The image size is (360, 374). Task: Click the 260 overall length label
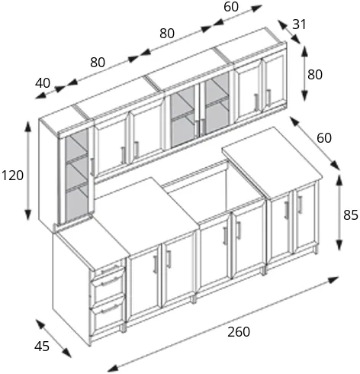click(239, 332)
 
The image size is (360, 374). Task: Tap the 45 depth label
click(42, 347)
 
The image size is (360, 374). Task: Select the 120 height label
click(12, 176)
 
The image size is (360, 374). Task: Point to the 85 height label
click(351, 215)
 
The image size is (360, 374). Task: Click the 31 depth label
click(299, 24)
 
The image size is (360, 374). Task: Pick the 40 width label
click(43, 83)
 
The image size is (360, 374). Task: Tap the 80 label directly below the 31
click(315, 75)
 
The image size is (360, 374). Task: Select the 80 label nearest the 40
click(98, 62)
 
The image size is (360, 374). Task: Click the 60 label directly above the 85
click(324, 138)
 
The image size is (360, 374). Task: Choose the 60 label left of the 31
click(231, 7)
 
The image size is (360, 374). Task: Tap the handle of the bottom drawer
click(110, 309)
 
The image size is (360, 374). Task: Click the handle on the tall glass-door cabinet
click(92, 166)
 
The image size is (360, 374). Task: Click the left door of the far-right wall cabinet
click(249, 89)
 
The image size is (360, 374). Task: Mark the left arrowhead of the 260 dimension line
click(111, 367)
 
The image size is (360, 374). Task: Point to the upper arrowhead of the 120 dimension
click(27, 127)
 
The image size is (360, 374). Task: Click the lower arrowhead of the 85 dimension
click(339, 245)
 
